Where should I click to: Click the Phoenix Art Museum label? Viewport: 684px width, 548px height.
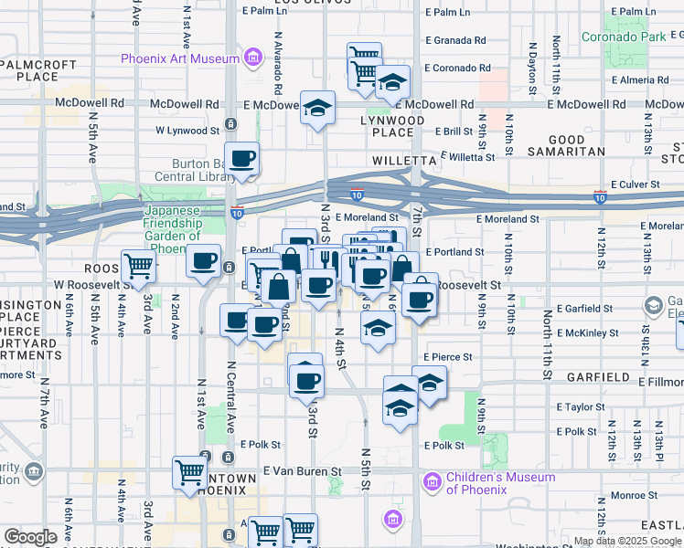tap(180, 59)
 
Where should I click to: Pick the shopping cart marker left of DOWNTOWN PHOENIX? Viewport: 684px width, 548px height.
tap(189, 473)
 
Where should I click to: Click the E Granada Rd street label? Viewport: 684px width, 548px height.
tap(454, 40)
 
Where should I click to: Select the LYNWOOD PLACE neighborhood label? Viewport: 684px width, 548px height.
tap(392, 127)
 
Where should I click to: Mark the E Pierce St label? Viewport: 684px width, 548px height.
tap(447, 357)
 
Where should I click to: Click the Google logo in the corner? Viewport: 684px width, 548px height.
tap(30, 538)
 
